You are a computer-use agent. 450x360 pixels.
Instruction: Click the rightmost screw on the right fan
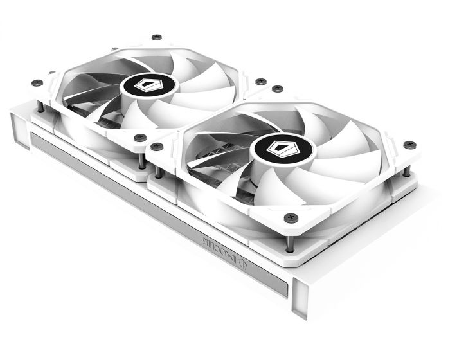(410, 145)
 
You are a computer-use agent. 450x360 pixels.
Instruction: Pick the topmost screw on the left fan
(156, 37)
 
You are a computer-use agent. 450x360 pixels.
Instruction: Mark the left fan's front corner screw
(141, 137)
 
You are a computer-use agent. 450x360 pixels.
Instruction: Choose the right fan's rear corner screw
(277, 88)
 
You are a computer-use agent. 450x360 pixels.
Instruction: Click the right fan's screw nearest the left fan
(157, 147)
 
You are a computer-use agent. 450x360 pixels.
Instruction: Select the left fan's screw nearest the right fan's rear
(260, 82)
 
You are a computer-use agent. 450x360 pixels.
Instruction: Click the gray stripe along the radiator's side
(154, 212)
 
